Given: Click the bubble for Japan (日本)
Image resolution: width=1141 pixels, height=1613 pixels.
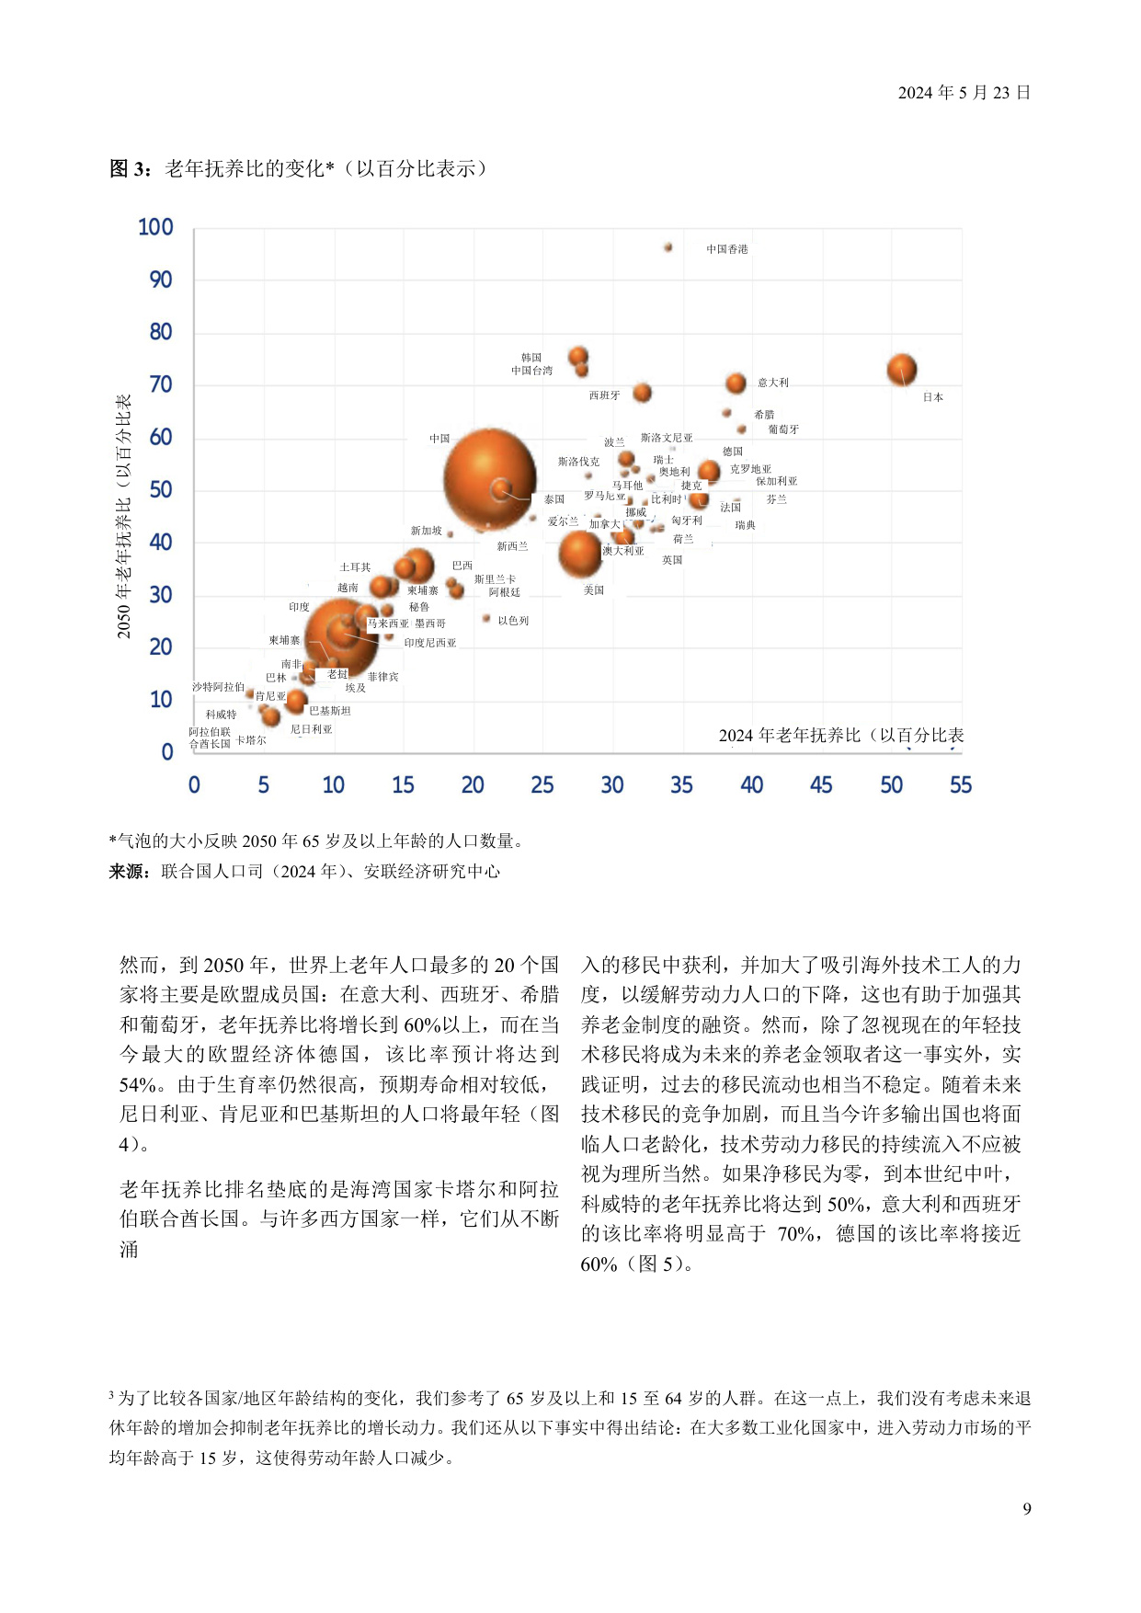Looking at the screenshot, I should pos(902,370).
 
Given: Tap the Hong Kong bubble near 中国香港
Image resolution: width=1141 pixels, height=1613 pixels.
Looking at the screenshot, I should pos(668,247).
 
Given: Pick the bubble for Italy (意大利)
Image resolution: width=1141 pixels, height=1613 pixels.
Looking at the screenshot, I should pos(736,383).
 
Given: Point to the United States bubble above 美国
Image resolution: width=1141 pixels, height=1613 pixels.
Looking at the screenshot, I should pos(581,553).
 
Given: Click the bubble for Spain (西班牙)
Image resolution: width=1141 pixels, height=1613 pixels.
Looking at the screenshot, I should pos(643,393).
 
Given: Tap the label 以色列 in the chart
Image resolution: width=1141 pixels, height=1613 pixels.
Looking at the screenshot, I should pos(513,621).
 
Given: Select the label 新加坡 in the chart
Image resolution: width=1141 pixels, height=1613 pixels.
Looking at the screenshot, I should pos(426,531).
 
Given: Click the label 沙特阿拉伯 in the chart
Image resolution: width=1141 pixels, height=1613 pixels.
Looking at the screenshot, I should pos(218,687).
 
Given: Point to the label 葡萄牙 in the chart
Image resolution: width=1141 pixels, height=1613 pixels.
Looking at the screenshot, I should pos(783,429).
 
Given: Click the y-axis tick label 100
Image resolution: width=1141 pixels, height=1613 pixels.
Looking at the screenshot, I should pos(155,227).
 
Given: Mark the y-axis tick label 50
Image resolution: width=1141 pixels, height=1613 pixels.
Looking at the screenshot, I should pos(161,490).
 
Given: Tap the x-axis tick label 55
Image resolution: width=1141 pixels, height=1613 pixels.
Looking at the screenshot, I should pos(961,785).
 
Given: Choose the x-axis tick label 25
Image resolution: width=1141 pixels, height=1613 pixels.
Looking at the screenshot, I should pos(542,785).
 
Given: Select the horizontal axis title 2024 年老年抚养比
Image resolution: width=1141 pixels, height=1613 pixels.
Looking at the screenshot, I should pos(840,736).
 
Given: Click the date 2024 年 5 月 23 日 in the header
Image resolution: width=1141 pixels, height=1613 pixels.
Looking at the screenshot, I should pos(964,93).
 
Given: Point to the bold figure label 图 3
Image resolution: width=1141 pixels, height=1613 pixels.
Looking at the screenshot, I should pos(129,169).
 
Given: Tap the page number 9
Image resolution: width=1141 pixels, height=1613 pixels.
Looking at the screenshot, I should pos(1027,1509).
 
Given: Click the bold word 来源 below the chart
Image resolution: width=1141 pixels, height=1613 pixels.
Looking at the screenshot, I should pos(129,872).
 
